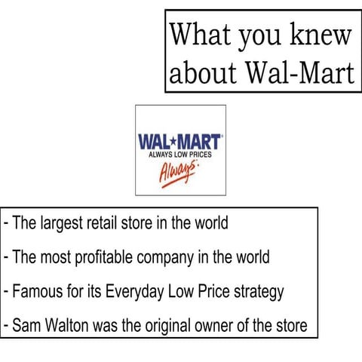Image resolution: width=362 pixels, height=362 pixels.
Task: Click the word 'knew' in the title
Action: pos(319,35)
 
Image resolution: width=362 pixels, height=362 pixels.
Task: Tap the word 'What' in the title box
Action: pos(198,34)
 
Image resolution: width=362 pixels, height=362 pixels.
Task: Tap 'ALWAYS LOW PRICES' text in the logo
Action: pos(180,154)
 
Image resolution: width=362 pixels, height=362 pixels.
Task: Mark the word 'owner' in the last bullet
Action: pos(224,327)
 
